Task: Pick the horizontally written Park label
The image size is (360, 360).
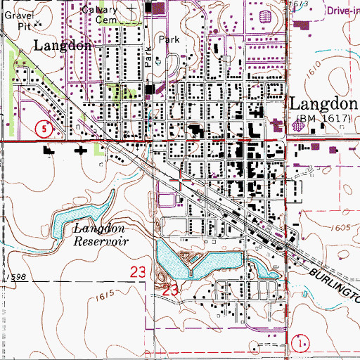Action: point(169,40)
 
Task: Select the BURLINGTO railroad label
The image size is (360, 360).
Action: point(331,278)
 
